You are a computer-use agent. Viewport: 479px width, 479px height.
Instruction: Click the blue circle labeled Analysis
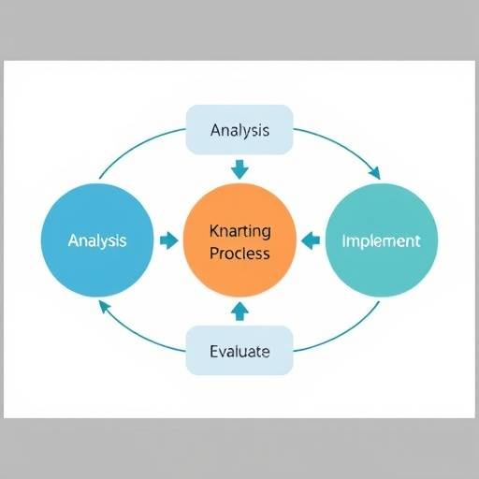tap(97, 240)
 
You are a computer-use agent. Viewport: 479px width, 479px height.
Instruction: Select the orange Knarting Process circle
tap(239, 240)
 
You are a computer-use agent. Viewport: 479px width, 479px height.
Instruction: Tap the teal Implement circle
tap(382, 240)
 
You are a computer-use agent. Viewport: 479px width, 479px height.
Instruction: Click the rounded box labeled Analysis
tap(239, 130)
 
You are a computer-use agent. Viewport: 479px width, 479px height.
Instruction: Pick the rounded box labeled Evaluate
tap(239, 351)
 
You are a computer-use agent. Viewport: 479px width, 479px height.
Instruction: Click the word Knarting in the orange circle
tap(239, 232)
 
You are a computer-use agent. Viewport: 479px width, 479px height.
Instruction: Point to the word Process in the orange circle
tap(239, 253)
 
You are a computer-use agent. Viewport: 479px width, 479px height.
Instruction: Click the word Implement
tap(381, 241)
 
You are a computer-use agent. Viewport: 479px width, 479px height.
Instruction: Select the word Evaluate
tap(239, 352)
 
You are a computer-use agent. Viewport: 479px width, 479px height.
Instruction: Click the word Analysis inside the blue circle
tap(97, 240)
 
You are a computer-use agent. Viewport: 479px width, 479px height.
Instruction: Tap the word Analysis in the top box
tap(239, 130)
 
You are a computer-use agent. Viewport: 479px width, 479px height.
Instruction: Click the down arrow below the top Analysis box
tap(239, 169)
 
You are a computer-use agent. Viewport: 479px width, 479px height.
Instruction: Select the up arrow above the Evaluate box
tap(239, 311)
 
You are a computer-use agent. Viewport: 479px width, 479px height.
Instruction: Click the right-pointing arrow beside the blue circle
tap(169, 240)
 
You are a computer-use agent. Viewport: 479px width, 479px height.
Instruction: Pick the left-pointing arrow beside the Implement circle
tap(311, 240)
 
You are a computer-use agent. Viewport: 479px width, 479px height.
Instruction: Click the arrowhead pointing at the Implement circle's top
tap(375, 173)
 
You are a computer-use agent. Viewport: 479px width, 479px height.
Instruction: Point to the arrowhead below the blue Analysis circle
tap(104, 307)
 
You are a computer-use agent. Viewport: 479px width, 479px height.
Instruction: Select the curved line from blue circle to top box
tap(136, 145)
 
